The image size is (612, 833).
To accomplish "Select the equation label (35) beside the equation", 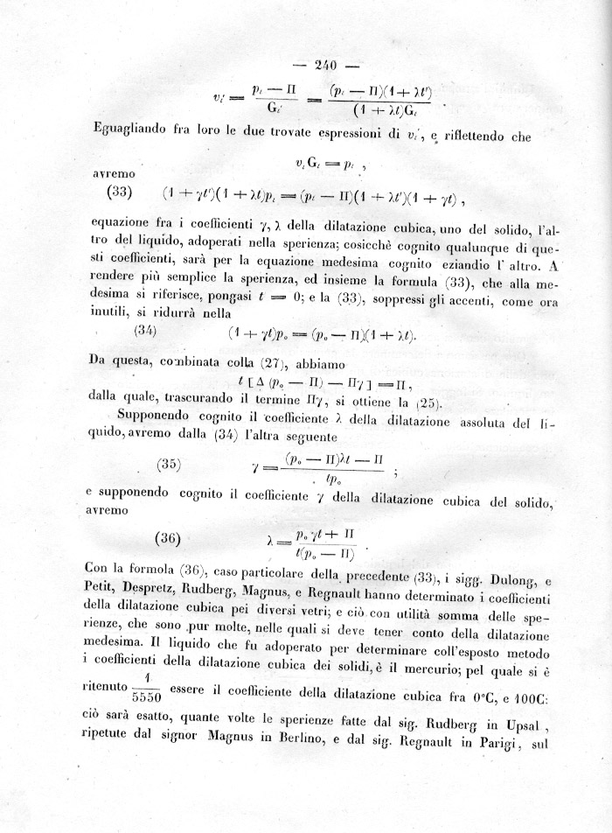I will (168, 465).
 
